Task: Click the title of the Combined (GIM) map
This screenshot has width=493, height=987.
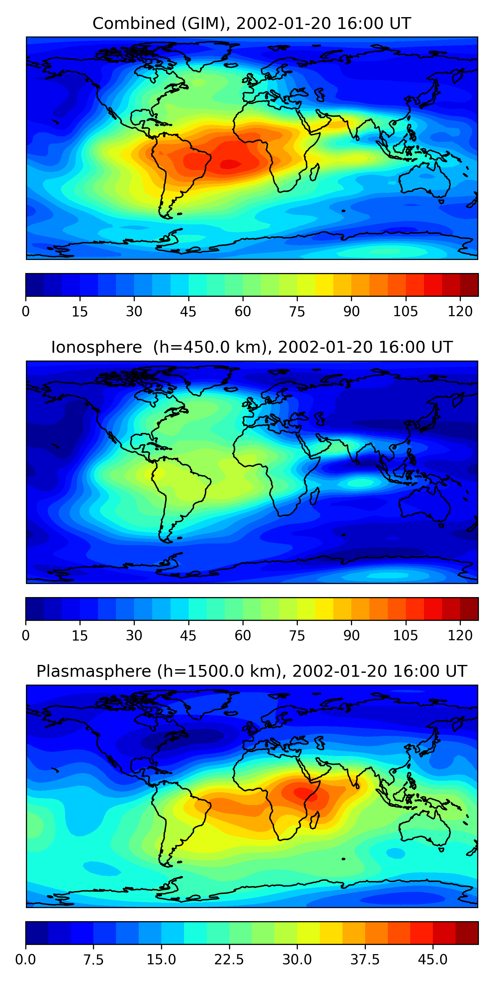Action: (252, 23)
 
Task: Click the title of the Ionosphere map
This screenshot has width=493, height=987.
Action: (252, 347)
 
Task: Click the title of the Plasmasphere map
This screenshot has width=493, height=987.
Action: (252, 671)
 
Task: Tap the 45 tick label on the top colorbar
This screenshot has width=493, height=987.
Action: (188, 312)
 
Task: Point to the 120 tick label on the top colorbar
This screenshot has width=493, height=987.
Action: (460, 312)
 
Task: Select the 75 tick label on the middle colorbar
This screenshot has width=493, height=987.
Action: (297, 635)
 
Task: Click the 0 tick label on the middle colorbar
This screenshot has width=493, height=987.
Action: (26, 635)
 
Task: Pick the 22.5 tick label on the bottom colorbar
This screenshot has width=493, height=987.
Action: (229, 959)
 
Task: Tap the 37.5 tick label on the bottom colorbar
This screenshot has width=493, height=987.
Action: (365, 959)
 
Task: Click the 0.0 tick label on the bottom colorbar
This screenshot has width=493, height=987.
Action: (26, 959)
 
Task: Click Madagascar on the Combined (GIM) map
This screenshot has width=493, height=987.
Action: (314, 172)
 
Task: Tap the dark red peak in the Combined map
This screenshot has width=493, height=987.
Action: (230, 164)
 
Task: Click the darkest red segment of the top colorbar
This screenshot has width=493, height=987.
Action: (469, 285)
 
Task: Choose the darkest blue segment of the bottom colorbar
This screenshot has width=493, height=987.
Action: (37, 933)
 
